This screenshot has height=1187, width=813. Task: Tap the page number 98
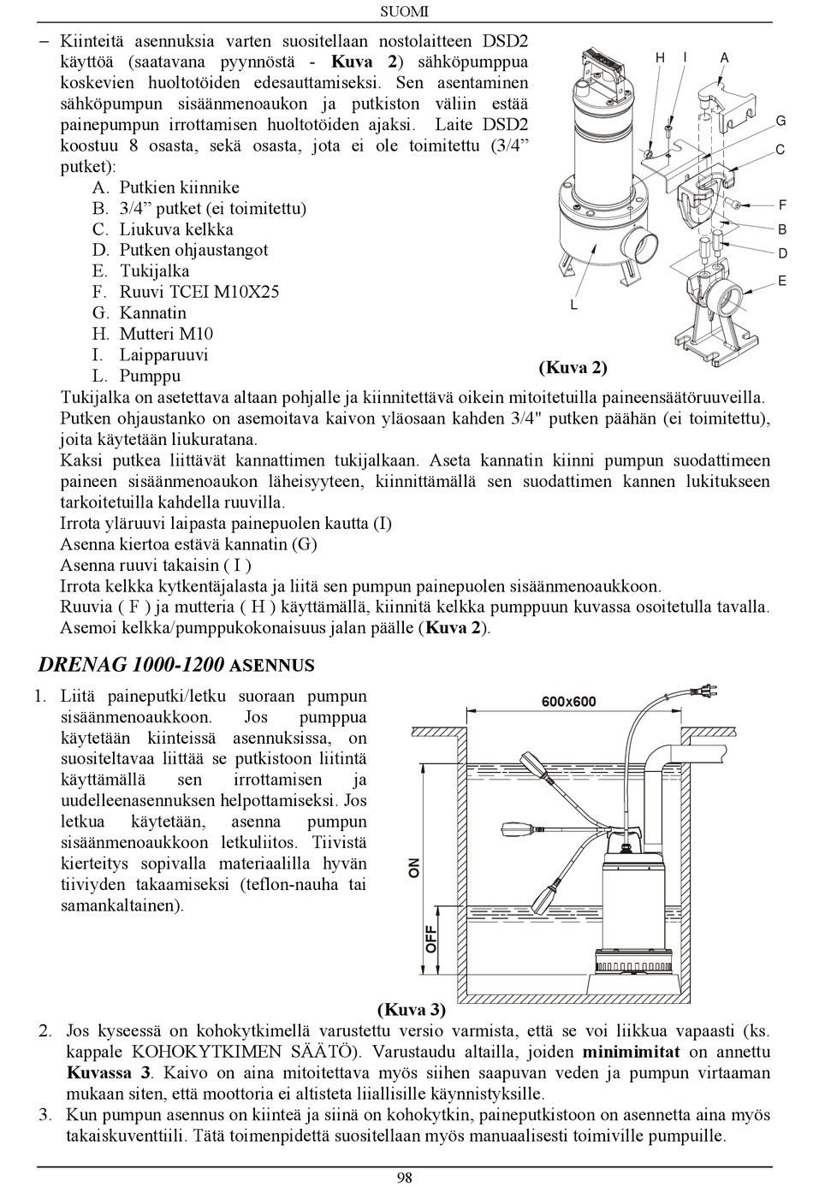click(405, 1177)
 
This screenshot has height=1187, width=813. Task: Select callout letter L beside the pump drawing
click(574, 305)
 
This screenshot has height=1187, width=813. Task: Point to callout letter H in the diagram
click(661, 57)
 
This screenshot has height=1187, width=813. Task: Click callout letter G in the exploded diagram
click(780, 122)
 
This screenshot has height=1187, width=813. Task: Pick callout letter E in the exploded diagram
click(781, 281)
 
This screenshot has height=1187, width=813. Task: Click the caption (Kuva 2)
click(573, 368)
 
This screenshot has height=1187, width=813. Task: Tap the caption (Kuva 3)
click(412, 1010)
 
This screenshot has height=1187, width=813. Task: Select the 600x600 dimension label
click(569, 702)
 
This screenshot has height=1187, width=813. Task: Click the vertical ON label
click(414, 868)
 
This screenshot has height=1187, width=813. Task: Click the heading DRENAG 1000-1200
click(132, 665)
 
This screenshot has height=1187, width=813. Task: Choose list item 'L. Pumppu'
click(136, 376)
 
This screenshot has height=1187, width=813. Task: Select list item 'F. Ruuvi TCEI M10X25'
click(186, 292)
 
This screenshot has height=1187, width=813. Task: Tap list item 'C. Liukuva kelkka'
click(163, 229)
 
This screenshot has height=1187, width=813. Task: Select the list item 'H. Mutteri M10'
click(152, 334)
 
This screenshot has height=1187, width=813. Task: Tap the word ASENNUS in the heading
click(272, 666)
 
